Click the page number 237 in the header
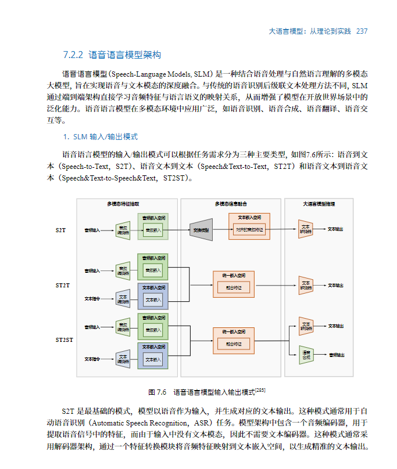[x=362, y=31]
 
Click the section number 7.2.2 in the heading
[x=73, y=56]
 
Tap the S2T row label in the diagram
[x=60, y=230]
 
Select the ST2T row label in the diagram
[x=62, y=285]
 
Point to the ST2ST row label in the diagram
[x=64, y=340]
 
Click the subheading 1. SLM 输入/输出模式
[x=100, y=137]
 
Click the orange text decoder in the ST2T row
[x=306, y=285]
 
